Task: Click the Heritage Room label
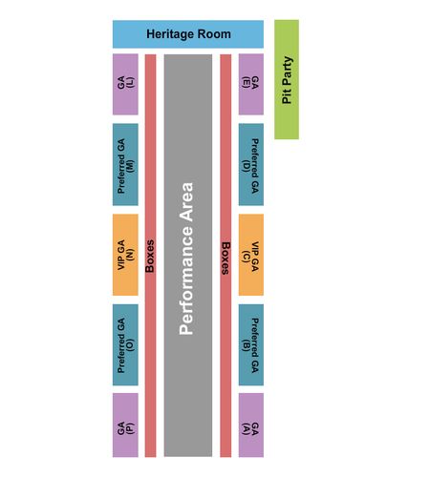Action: pyautogui.click(x=188, y=34)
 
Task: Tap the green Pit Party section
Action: pyautogui.click(x=287, y=79)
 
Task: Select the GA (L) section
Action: pyautogui.click(x=125, y=84)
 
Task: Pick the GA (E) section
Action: pyautogui.click(x=251, y=84)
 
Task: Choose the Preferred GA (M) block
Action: pyautogui.click(x=125, y=164)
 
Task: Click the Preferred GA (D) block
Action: pyautogui.click(x=251, y=164)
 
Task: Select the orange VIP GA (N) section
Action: pyautogui.click(x=125, y=255)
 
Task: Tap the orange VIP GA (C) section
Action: pyautogui.click(x=251, y=255)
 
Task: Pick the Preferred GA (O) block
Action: pyautogui.click(x=125, y=345)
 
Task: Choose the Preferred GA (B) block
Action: pyautogui.click(x=251, y=345)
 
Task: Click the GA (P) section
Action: pyautogui.click(x=125, y=425)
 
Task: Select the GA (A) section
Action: pyautogui.click(x=251, y=425)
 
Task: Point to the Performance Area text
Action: pyautogui.click(x=186, y=259)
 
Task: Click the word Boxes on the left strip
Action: pyautogui.click(x=150, y=256)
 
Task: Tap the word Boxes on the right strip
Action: pyautogui.click(x=226, y=259)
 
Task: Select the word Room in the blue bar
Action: pyautogui.click(x=214, y=33)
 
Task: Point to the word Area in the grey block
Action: pyautogui.click(x=186, y=202)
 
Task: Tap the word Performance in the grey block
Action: pyautogui.click(x=186, y=280)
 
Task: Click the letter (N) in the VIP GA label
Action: pyautogui.click(x=130, y=255)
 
